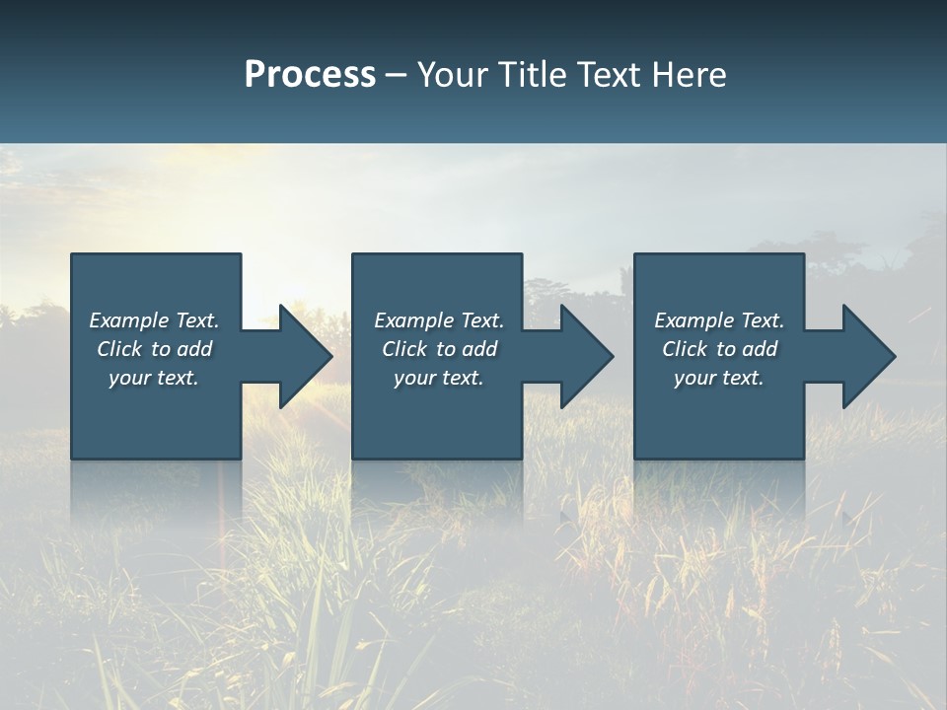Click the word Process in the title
point(310,75)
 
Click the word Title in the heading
point(535,75)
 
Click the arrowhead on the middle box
point(585,356)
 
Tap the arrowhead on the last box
point(867,356)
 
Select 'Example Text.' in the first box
point(154,320)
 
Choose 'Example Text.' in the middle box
point(439,320)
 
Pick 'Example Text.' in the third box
point(719,320)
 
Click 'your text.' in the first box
point(154,378)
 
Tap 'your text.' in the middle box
point(439,378)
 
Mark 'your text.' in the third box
point(719,378)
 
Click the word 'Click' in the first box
point(119,349)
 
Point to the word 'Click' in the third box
point(685,349)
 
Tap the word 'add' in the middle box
point(479,349)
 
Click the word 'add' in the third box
point(760,349)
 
